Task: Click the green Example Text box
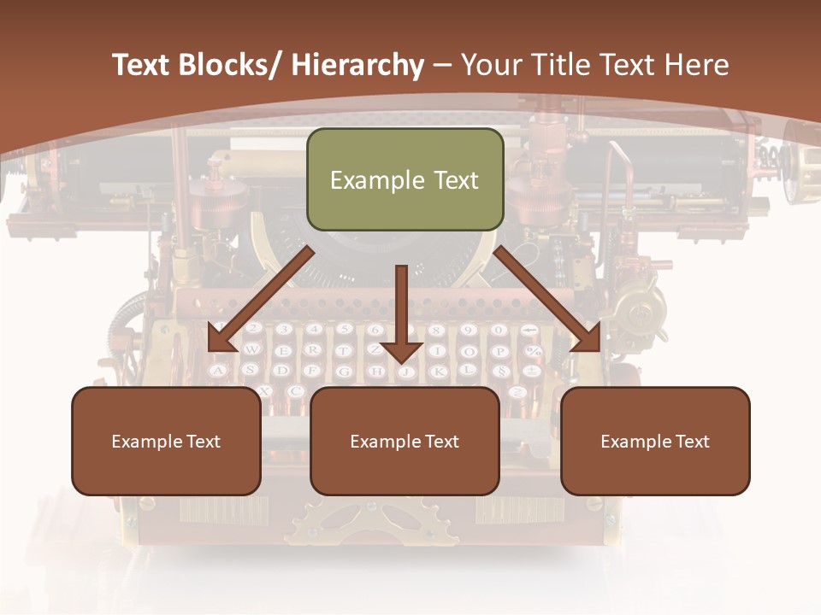coord(405,180)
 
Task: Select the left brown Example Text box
coord(166,442)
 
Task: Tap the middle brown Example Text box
coord(405,442)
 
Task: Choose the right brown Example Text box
coord(655,442)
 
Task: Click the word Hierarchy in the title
coord(357,65)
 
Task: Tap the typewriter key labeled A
coord(219,370)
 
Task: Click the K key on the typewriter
coord(437,371)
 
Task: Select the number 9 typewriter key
coord(468,330)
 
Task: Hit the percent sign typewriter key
coord(532,350)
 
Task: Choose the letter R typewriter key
coord(313,350)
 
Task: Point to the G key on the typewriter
coord(344,371)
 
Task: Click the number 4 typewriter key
coord(314,330)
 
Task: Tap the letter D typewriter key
coord(281,370)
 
